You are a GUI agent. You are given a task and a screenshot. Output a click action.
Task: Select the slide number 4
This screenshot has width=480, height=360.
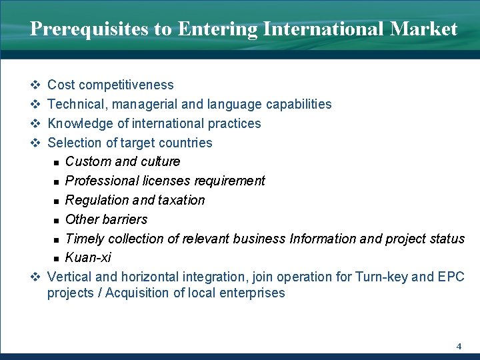pyautogui.click(x=459, y=346)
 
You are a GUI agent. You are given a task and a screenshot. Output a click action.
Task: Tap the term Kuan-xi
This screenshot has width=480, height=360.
pyautogui.click(x=88, y=257)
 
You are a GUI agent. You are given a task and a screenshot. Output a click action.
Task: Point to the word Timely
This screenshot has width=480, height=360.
pyautogui.click(x=85, y=239)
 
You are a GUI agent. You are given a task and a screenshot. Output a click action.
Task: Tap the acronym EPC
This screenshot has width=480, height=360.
pyautogui.click(x=451, y=276)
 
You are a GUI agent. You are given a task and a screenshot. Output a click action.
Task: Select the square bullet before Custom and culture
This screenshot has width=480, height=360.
pyautogui.click(x=58, y=162)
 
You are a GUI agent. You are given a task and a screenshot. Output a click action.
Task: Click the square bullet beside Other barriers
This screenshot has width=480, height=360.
pyautogui.click(x=58, y=220)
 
